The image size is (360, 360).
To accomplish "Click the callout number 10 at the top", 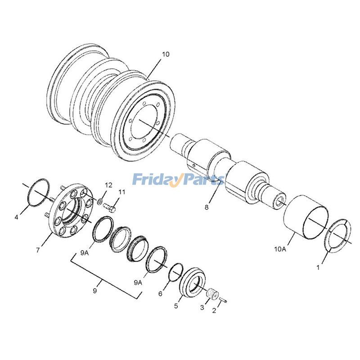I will pyautogui.click(x=166, y=54).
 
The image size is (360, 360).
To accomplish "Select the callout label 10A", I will pyautogui.click(x=280, y=248).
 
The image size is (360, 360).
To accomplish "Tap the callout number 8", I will pyautogui.click(x=207, y=207).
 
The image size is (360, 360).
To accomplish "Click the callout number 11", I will pyautogui.click(x=122, y=192).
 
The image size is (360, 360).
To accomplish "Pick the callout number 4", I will pyautogui.click(x=17, y=217).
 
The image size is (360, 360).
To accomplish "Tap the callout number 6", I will pyautogui.click(x=160, y=294).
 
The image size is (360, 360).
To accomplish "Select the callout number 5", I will pyautogui.click(x=176, y=306).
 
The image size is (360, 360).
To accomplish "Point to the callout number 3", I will pyautogui.click(x=202, y=308).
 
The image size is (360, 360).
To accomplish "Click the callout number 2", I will pyautogui.click(x=214, y=310).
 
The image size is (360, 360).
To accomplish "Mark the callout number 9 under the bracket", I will pyautogui.click(x=95, y=291).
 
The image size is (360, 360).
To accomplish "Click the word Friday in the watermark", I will pyautogui.click(x=154, y=180).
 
